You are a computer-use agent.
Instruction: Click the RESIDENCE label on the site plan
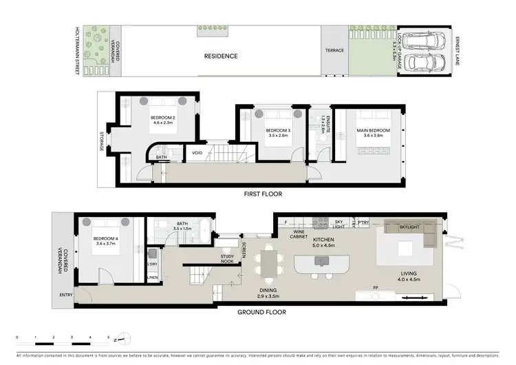(x=220, y=56)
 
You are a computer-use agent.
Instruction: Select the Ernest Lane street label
(x=458, y=51)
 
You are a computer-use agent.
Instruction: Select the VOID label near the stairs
(x=197, y=153)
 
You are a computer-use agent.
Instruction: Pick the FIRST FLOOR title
(x=263, y=194)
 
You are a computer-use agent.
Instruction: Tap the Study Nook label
(x=228, y=258)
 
